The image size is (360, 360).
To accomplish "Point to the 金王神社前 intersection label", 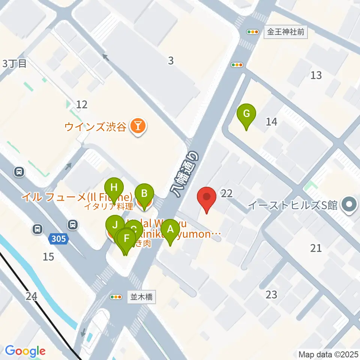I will (285, 32).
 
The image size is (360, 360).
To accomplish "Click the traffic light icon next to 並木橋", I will (116, 297).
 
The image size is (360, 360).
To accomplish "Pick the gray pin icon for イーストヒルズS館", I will (349, 205).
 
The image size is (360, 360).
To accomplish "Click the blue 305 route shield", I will (59, 238).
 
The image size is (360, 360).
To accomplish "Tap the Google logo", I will (25, 351).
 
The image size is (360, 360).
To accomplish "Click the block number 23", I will (271, 295).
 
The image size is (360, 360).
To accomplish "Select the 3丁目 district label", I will (15, 64).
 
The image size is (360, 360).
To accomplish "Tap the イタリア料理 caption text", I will (108, 206).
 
